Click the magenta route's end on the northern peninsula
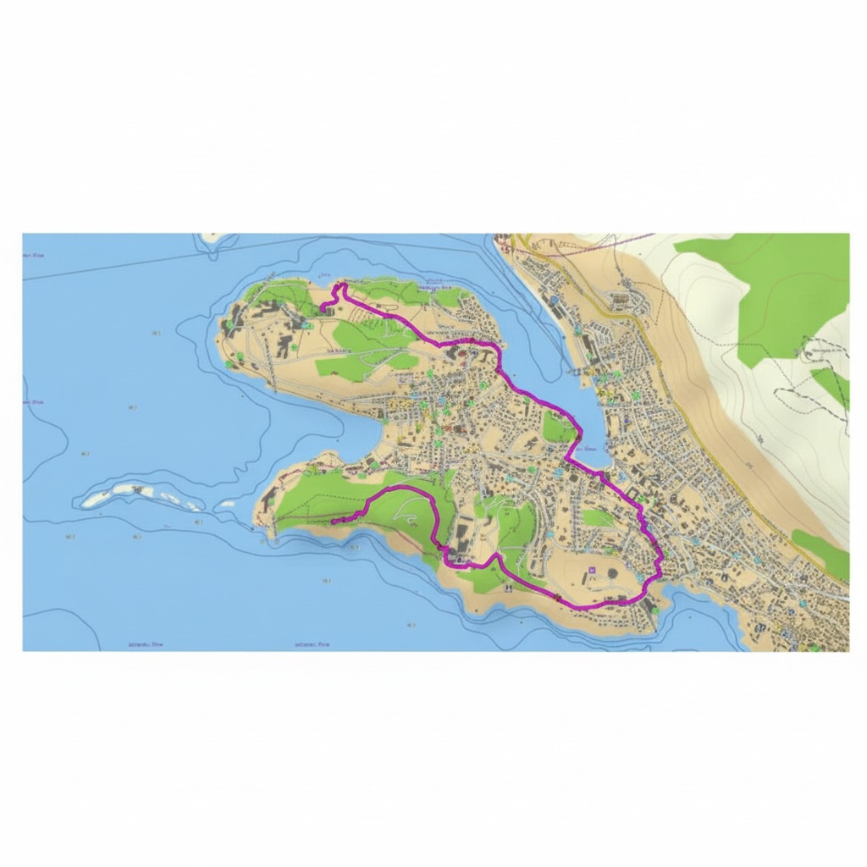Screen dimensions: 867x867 click(x=323, y=306)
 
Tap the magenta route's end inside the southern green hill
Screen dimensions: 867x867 click(x=332, y=522)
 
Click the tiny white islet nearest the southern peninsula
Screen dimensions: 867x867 click(x=225, y=506)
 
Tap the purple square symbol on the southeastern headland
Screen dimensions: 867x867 click(x=593, y=570)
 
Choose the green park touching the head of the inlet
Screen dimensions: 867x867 click(x=558, y=428)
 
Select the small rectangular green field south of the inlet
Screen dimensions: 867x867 click(x=598, y=517)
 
